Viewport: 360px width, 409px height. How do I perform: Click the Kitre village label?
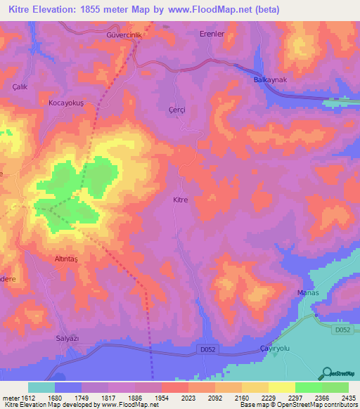pos(180,200)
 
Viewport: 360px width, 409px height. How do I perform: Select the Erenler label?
pos(211,34)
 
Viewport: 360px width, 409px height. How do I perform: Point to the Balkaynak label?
pos(270,80)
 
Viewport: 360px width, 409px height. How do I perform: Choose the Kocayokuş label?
pos(66,103)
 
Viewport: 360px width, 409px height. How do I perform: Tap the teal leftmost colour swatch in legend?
pos(41,387)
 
